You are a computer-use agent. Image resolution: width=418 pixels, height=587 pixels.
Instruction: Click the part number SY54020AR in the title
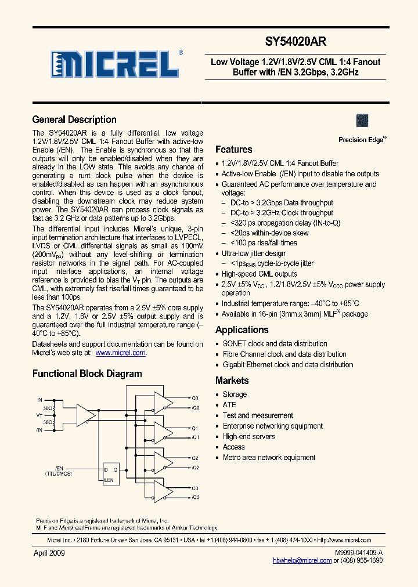coord(296,42)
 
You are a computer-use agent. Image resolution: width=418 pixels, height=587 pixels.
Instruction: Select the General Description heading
coord(74,119)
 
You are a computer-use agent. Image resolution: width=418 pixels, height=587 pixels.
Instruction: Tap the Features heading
coord(233,150)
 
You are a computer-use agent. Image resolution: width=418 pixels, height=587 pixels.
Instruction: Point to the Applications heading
coord(242,330)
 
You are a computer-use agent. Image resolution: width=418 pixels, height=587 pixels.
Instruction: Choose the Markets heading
coord(232,381)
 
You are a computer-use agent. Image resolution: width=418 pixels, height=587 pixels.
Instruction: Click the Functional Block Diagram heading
coord(87,374)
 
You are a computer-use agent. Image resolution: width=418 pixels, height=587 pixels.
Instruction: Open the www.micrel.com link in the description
coord(120,353)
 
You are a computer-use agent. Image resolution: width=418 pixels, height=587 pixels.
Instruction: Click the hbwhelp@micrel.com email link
coord(302,561)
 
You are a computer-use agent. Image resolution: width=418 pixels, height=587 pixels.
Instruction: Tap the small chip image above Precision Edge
coord(362,120)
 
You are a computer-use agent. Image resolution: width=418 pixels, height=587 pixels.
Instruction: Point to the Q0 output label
coord(195,398)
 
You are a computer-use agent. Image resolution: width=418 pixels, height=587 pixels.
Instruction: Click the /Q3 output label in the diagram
coord(195,498)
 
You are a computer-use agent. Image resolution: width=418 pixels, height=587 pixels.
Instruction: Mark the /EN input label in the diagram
coord(59,468)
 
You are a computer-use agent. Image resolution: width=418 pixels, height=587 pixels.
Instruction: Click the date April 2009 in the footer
coord(49,553)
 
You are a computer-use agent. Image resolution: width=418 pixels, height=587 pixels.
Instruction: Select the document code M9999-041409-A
coord(358,553)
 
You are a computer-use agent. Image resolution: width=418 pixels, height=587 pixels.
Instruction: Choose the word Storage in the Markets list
coord(235,394)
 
